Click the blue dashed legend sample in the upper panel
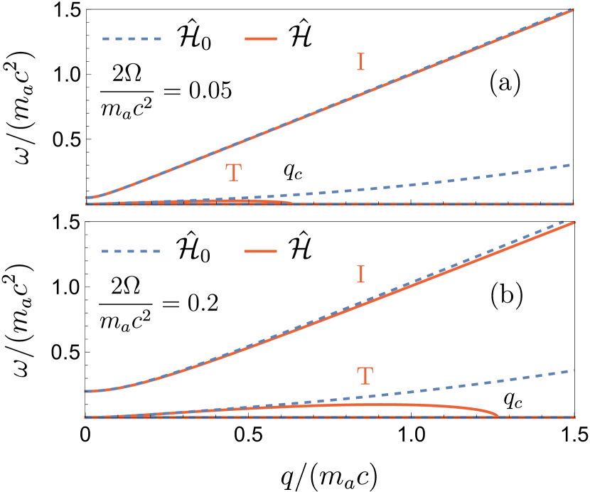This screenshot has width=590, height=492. [132, 38]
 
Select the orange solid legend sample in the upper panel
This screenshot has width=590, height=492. [260, 38]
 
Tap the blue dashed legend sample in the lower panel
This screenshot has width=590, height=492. [131, 251]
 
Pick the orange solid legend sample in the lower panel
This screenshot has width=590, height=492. [260, 251]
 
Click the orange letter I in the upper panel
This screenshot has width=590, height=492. [360, 63]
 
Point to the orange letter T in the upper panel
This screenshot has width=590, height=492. [233, 173]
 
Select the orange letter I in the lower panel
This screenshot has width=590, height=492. [360, 274]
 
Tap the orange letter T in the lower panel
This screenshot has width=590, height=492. [365, 376]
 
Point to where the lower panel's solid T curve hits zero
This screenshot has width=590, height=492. [498, 416]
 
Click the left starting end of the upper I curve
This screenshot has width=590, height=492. [87, 198]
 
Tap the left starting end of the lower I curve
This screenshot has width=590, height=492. [86, 391]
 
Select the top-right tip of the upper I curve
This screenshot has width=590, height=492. [573, 10]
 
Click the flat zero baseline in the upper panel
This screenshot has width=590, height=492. [427, 205]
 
